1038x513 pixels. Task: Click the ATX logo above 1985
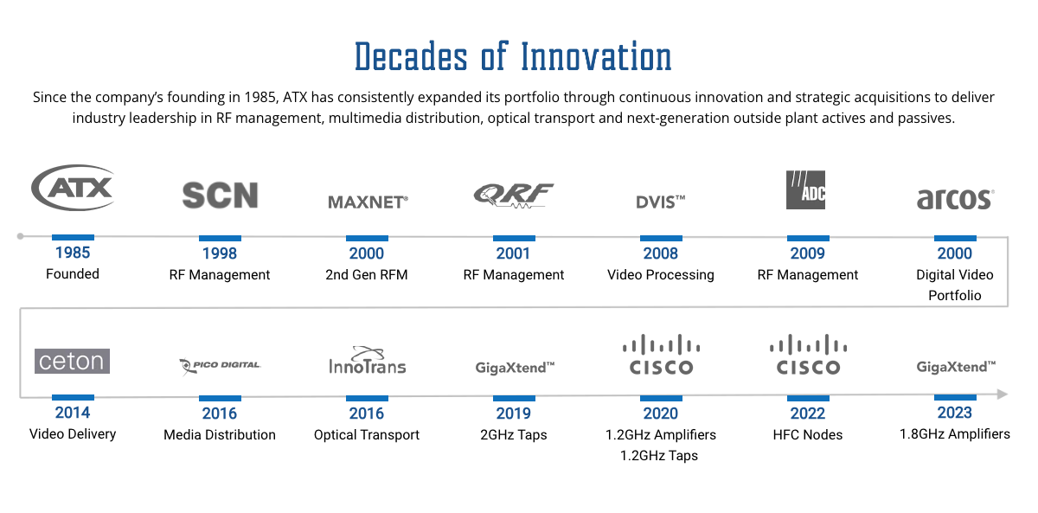(73, 187)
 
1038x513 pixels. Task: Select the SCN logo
(220, 196)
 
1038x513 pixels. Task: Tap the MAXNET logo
(368, 202)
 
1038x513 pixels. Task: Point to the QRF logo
(513, 196)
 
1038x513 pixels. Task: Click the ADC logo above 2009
(805, 189)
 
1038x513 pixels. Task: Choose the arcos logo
(954, 199)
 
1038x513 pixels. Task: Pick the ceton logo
(73, 361)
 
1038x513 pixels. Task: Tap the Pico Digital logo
(220, 366)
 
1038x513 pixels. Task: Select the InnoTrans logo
(367, 361)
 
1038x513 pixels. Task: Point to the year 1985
(73, 253)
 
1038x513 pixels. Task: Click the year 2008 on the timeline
(661, 253)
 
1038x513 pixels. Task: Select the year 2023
(955, 413)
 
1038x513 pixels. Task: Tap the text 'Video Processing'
(661, 275)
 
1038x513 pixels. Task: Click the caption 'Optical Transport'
(367, 434)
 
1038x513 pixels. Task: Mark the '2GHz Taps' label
(514, 434)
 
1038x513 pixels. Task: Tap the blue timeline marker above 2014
(73, 398)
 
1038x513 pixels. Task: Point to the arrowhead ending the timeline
(1002, 394)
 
